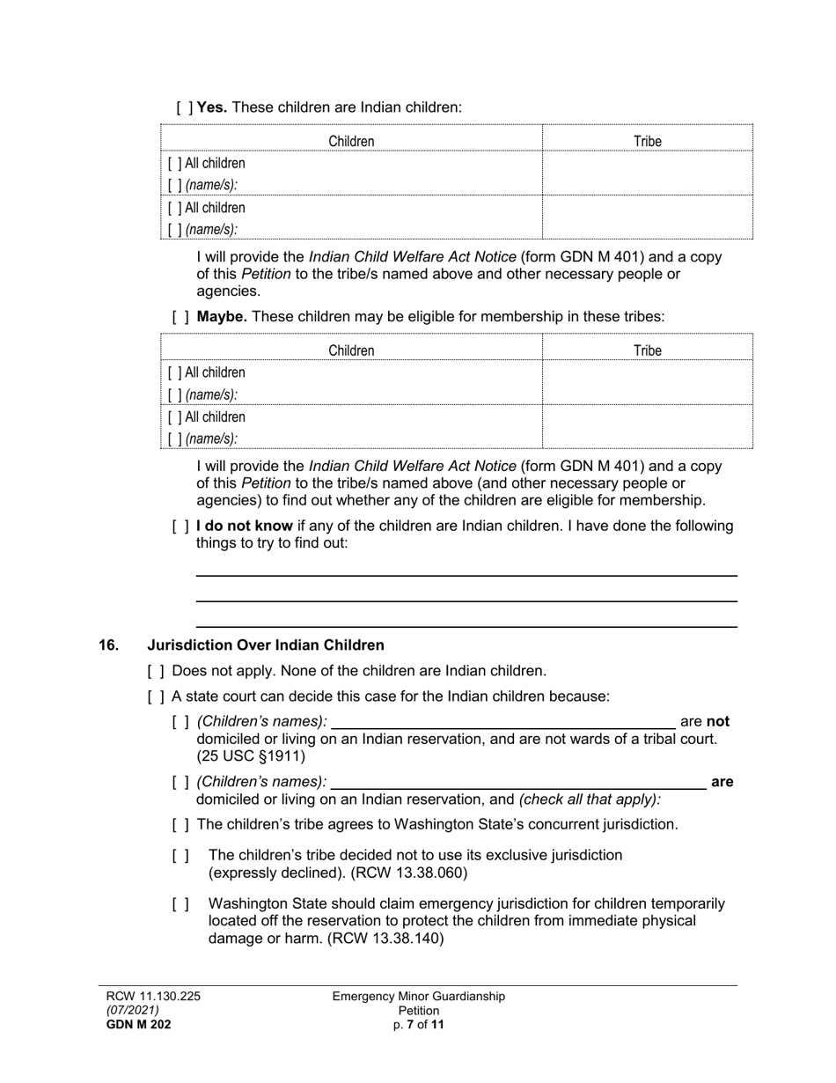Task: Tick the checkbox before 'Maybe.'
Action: click(180, 316)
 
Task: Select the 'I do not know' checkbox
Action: click(180, 527)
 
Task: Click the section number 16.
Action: click(108, 645)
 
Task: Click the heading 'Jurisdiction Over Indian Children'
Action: click(265, 645)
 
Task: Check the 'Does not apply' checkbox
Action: click(156, 671)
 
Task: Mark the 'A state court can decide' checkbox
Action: click(156, 696)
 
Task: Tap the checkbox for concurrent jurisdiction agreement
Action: click(180, 825)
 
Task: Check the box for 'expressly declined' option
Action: click(180, 855)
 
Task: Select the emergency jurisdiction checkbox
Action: click(180, 903)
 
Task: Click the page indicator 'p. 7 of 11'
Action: click(419, 1024)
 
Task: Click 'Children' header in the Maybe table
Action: click(351, 350)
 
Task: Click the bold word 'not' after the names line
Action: click(718, 722)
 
